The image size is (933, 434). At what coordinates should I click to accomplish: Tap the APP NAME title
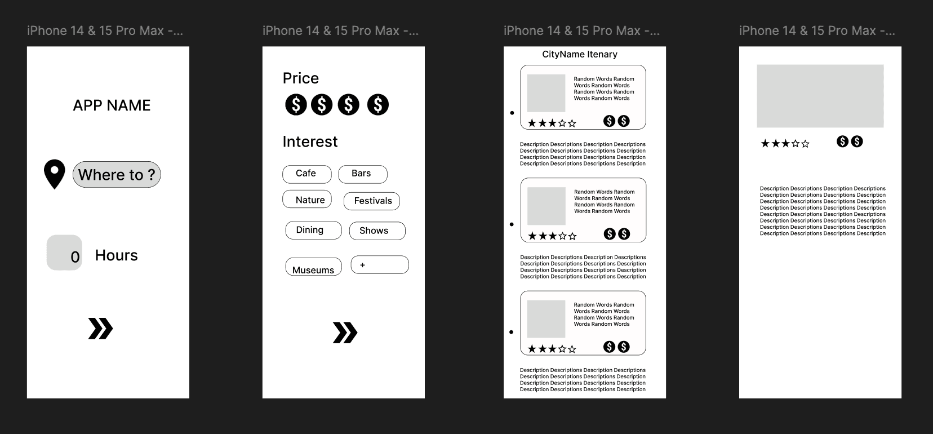coord(112,105)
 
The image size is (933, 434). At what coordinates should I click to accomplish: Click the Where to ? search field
coord(117,175)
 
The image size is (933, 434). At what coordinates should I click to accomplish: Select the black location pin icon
coord(55,174)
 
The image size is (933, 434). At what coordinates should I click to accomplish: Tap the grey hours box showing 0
coord(64,253)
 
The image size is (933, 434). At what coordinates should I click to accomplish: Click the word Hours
coord(116,255)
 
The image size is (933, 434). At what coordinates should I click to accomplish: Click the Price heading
coord(301,78)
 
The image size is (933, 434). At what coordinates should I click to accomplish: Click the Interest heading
coord(310,141)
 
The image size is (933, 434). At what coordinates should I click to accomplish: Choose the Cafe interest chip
coord(307,174)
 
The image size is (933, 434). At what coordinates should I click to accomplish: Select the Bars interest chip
coord(363,174)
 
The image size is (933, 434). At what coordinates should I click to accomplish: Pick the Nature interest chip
coord(307,199)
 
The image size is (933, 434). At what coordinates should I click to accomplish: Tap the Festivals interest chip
coord(371,201)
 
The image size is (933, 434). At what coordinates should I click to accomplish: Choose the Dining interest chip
coord(314,231)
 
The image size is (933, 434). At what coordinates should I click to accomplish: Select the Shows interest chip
coord(377,231)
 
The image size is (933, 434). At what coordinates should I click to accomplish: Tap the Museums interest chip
coord(314,267)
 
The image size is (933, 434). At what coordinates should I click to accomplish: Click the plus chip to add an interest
coord(380,265)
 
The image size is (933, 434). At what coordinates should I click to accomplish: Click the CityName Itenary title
coord(580,54)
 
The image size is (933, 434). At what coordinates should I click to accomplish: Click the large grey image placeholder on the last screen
coord(820,96)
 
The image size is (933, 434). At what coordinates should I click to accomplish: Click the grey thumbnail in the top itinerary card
coord(546,94)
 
